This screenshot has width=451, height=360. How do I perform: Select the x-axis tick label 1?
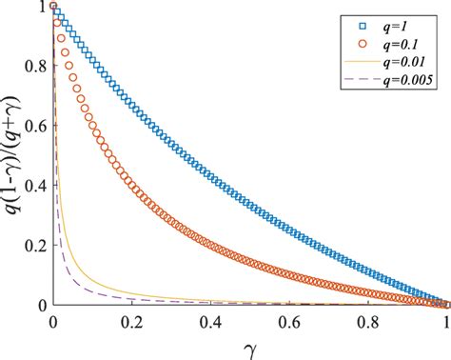pos(448,320)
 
